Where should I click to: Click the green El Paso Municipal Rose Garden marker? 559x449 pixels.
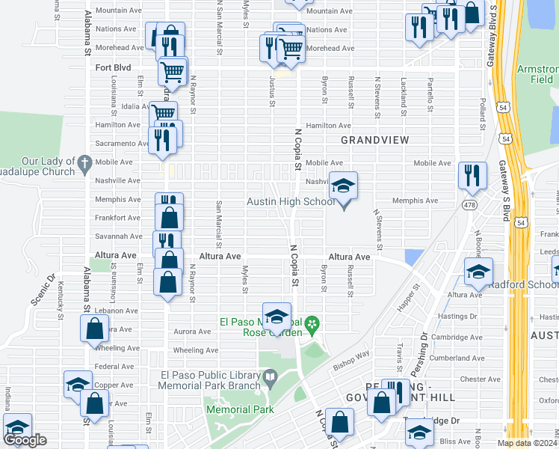click(x=314, y=324)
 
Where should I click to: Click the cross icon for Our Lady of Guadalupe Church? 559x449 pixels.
click(x=84, y=162)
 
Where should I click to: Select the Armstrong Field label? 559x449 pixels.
click(x=537, y=74)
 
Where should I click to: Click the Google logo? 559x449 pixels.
click(x=25, y=440)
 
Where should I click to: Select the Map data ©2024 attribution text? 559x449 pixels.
click(x=526, y=443)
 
